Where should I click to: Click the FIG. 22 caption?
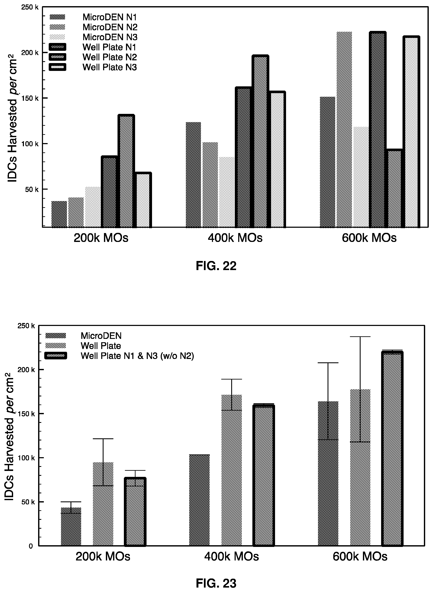[x=216, y=266]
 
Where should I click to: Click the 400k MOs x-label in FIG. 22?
[x=235, y=238]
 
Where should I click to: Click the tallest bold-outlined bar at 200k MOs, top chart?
[x=126, y=171]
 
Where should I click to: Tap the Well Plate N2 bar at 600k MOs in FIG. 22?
[x=394, y=188]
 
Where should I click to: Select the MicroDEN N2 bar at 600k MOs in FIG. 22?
[x=344, y=129]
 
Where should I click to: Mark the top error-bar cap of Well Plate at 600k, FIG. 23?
[x=360, y=337]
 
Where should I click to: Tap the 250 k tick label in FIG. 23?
[x=26, y=326]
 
